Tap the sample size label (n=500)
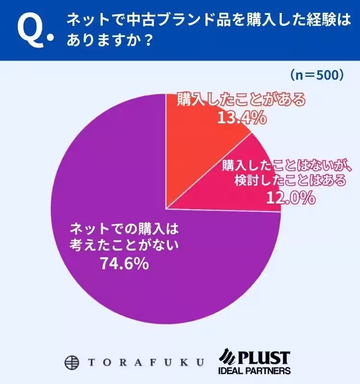click(x=317, y=75)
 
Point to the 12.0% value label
click(x=290, y=197)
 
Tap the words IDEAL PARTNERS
click(x=254, y=371)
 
